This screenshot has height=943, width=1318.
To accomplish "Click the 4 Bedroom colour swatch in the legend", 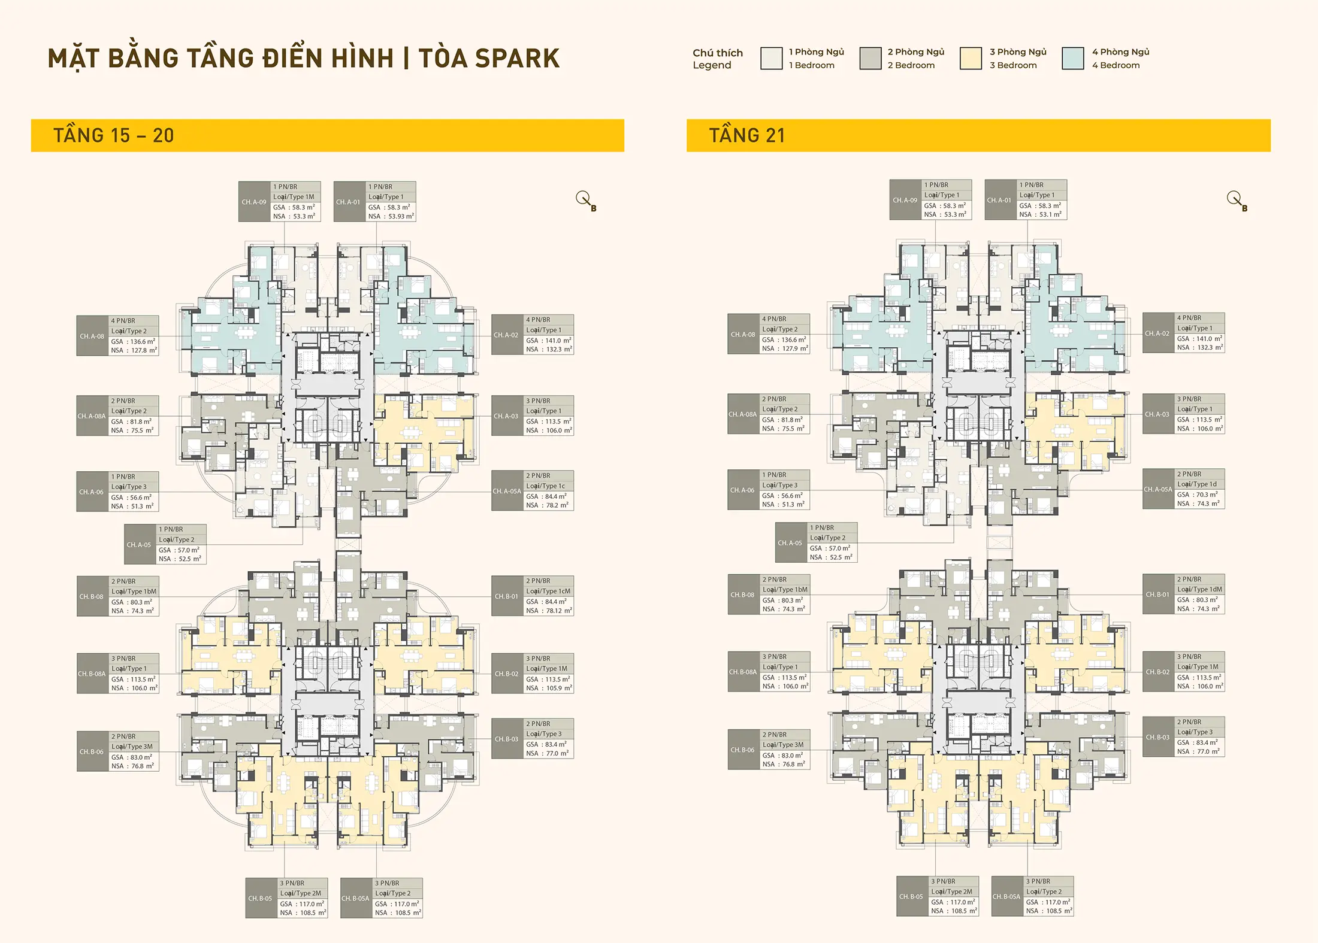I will pos(1072,59).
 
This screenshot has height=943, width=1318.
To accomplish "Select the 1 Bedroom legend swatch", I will pos(771,59).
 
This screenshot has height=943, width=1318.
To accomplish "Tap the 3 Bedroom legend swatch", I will pos(971,59).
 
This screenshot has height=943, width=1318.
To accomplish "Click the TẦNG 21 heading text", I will pos(746,135).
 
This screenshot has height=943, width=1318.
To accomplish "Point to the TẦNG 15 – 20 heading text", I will pos(113,135).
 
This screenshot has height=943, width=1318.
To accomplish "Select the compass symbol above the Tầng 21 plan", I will pos(1235,199).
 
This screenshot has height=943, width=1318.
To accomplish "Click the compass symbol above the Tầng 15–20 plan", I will pos(584,199).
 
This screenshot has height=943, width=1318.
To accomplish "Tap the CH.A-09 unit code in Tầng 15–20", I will pos(254,202).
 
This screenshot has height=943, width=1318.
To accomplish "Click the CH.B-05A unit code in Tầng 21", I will pos(1006,896).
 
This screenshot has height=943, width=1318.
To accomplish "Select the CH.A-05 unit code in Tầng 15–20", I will pos(139,545).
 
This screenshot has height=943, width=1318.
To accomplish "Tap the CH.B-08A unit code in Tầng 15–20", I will pos(92,674).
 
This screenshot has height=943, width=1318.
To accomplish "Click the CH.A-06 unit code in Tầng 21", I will pos(742,490).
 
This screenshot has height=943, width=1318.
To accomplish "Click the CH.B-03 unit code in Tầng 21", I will pos(1157,737).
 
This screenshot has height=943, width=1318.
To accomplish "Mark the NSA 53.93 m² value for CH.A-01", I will pos(400,216).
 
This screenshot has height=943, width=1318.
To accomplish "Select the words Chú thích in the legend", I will pos(718,53).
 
